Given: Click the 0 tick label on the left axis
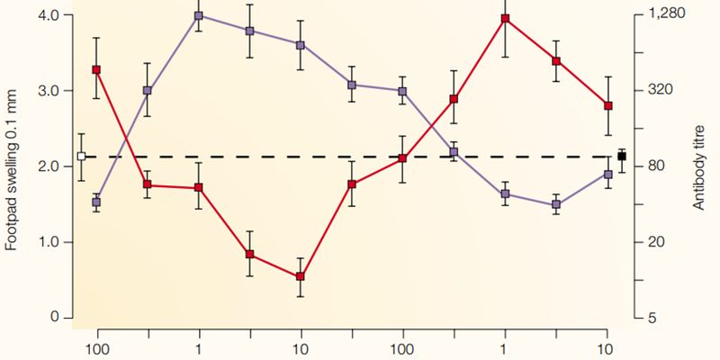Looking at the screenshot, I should [55, 318].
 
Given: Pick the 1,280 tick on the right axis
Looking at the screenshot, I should [667, 15].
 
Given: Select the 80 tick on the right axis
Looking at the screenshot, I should [656, 166].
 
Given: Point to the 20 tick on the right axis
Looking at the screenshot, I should [656, 242].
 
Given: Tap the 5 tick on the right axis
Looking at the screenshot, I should [652, 318].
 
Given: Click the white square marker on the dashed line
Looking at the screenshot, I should [81, 156].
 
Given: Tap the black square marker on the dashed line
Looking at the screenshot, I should [621, 157].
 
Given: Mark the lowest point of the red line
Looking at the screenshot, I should [300, 276].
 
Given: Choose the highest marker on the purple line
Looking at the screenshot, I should [198, 16].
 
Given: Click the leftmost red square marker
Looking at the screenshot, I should [96, 69].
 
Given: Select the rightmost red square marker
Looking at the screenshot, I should [608, 106].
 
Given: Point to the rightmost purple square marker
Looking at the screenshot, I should [608, 175].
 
